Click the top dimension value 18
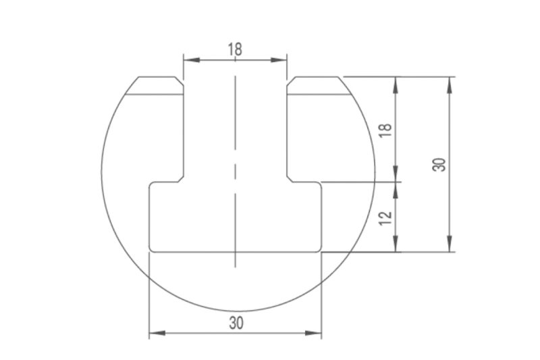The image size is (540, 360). tap(235, 49)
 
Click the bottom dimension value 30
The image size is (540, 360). tap(236, 323)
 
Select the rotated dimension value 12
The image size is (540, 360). tap(385, 218)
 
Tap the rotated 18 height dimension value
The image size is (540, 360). tap(385, 130)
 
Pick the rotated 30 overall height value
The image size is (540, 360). tap(439, 164)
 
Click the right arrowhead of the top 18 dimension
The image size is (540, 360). tap(279, 60)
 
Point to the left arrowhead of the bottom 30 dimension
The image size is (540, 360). tap(157, 333)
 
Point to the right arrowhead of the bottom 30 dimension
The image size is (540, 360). tap(313, 333)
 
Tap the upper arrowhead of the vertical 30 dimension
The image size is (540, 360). tap(450, 84)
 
